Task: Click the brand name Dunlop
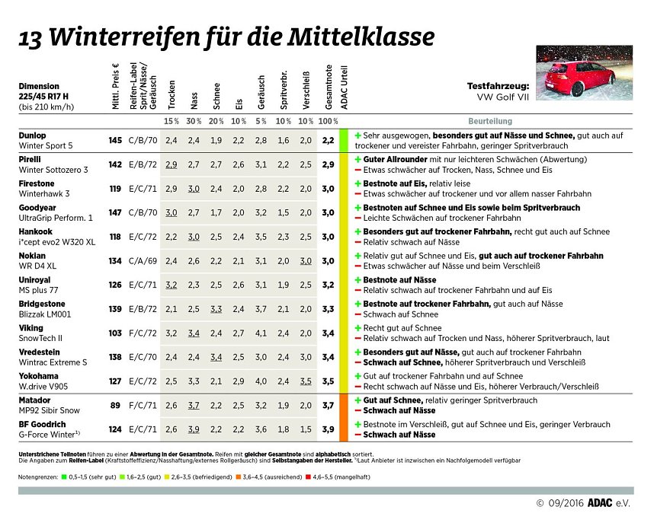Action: (32, 135)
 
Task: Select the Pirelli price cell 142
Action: (115, 164)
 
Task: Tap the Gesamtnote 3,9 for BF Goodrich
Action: (329, 429)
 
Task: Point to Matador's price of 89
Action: (116, 405)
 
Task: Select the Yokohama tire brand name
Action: (38, 376)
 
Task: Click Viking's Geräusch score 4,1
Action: (261, 333)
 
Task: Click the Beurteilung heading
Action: (489, 121)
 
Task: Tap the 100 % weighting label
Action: (329, 121)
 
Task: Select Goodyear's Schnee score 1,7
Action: (216, 213)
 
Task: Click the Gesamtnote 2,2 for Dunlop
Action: (329, 141)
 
